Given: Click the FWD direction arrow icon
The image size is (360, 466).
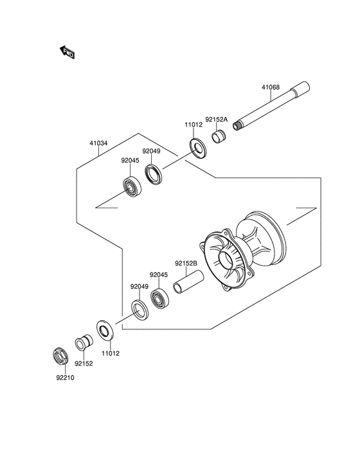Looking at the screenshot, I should click(67, 53).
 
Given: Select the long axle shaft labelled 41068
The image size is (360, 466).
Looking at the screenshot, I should click(274, 107).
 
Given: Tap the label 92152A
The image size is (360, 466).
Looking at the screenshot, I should click(217, 119).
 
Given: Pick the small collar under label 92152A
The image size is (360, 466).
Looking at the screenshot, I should click(219, 137).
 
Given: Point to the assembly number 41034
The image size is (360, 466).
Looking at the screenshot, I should click(98, 143).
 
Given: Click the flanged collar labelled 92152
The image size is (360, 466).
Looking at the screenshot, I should click(82, 344).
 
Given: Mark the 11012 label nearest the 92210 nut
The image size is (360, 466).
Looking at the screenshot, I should click(111, 353).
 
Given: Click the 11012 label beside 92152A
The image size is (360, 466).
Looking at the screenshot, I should click(194, 126).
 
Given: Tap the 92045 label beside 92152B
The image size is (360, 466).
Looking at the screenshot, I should click(159, 274).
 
